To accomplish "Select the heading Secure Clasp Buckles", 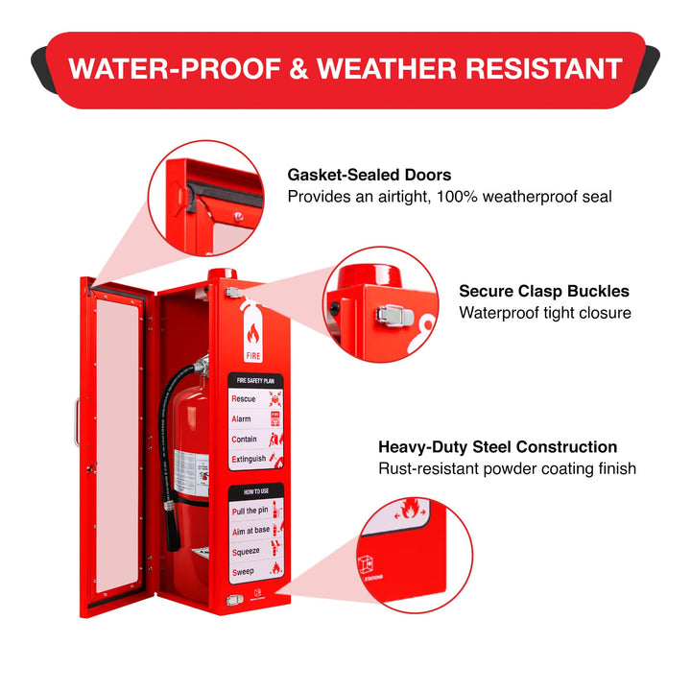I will pyautogui.click(x=544, y=291).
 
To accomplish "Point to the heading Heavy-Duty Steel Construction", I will pyautogui.click(x=497, y=447).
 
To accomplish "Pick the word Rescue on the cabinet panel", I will pyautogui.click(x=244, y=398).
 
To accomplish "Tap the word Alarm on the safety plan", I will pyautogui.click(x=242, y=419).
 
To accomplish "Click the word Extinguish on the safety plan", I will pyautogui.click(x=249, y=460).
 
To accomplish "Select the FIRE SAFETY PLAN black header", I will pyautogui.click(x=255, y=380).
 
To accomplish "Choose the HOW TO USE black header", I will pyautogui.click(x=255, y=490).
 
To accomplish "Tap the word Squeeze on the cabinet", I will pyautogui.click(x=248, y=551).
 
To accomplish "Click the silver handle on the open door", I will pyautogui.click(x=77, y=422).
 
